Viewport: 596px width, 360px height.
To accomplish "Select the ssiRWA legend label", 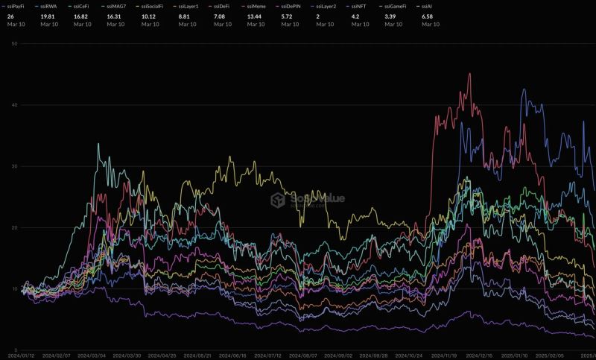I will (48, 6).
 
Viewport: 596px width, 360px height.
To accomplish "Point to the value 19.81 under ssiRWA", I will (48, 15).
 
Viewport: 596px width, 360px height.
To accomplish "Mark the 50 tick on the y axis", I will (13, 43).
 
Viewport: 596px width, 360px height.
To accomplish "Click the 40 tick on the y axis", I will (13, 105).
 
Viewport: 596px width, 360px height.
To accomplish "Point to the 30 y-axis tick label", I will (13, 166).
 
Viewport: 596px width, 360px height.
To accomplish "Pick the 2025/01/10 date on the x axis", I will (515, 356).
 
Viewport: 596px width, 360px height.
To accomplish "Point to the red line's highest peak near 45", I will (469, 73).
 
